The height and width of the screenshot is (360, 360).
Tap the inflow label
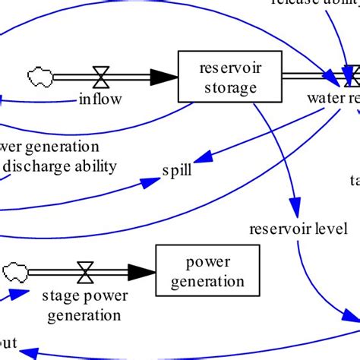(x=99, y=98)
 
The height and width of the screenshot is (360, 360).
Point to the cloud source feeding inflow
(x=39, y=76)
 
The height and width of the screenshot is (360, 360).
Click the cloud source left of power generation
(x=14, y=271)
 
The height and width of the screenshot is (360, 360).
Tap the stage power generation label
(x=81, y=303)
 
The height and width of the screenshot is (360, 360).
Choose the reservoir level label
(x=292, y=228)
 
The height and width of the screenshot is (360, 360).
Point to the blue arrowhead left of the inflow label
(x=5, y=98)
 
